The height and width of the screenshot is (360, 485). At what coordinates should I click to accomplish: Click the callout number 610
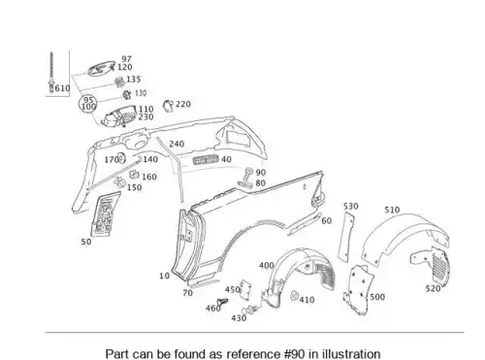pos(63,88)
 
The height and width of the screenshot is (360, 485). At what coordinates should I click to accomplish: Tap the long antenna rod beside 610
pos(51,73)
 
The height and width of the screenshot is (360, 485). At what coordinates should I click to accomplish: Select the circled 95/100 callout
pos(88,104)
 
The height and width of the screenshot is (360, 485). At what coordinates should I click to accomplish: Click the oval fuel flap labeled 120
pos(101,68)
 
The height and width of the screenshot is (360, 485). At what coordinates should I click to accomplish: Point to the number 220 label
pos(183,104)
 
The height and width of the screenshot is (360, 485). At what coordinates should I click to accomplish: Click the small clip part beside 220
pos(168,106)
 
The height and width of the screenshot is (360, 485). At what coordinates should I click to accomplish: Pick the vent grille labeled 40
pos(206,160)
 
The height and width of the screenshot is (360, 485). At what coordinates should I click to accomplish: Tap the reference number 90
pos(261,173)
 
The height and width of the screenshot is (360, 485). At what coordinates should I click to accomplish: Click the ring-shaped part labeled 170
pos(121,158)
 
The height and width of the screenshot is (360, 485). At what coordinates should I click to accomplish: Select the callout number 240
pos(177,144)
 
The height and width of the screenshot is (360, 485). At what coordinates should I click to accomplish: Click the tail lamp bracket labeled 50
pos(105,213)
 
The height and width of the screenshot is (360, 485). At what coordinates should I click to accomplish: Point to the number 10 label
pos(164,276)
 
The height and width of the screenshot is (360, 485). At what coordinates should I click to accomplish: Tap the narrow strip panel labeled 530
pos(346,235)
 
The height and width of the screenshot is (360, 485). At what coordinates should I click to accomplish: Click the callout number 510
pos(392,210)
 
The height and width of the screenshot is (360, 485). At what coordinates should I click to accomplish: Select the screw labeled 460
pos(222,303)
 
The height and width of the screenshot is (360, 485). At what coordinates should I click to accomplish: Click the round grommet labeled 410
pos(294,296)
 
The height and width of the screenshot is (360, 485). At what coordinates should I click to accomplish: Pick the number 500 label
pos(377,297)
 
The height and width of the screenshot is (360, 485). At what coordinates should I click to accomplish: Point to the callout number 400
pos(267,266)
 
